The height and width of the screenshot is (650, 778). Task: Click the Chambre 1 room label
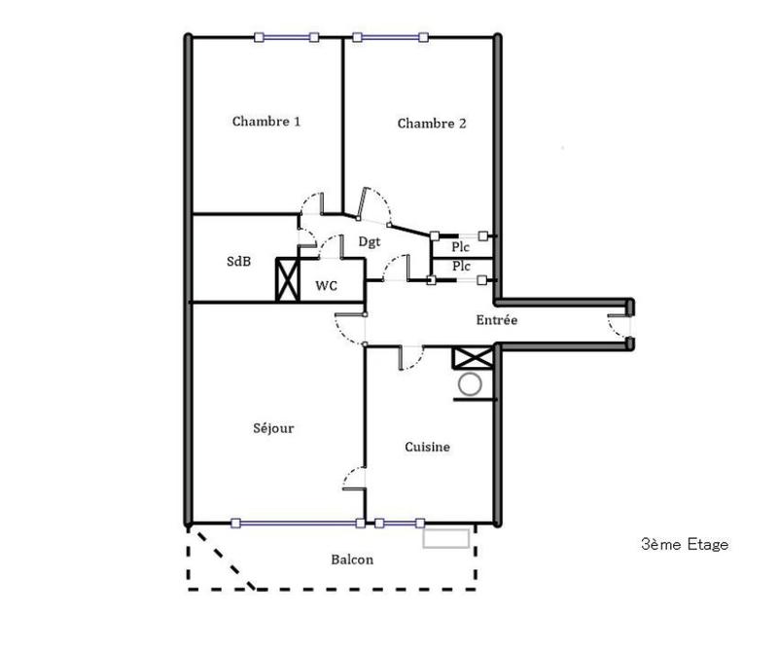pyautogui.click(x=266, y=122)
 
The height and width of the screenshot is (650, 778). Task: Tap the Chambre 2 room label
pyautogui.click(x=432, y=124)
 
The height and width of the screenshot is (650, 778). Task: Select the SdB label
pyautogui.click(x=238, y=261)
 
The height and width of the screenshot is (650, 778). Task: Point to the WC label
pyautogui.click(x=327, y=286)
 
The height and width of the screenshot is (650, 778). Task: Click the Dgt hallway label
pyautogui.click(x=370, y=242)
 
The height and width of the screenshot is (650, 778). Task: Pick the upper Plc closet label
pyautogui.click(x=460, y=247)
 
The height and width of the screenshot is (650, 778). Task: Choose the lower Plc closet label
pyautogui.click(x=461, y=267)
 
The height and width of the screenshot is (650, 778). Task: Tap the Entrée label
pyautogui.click(x=497, y=320)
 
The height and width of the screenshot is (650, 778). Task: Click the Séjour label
pyautogui.click(x=273, y=428)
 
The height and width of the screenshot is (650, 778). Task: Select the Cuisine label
pyautogui.click(x=427, y=447)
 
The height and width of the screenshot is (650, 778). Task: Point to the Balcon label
pyautogui.click(x=352, y=560)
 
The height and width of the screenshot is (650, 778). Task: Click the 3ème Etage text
pyautogui.click(x=685, y=545)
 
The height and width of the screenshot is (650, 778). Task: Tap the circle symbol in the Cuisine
pyautogui.click(x=470, y=384)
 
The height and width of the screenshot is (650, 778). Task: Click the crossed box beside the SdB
pyautogui.click(x=288, y=279)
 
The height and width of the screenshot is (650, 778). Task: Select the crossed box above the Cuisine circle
pyautogui.click(x=473, y=358)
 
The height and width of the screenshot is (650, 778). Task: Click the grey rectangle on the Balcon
pyautogui.click(x=446, y=539)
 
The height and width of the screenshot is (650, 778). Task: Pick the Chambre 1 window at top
pyautogui.click(x=286, y=37)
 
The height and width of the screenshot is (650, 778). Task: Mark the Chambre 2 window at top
pyautogui.click(x=390, y=37)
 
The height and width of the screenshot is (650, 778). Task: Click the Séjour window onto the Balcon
pyautogui.click(x=299, y=523)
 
